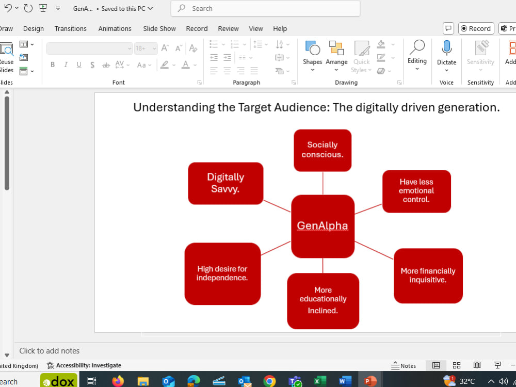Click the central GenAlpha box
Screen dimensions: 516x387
[322, 226]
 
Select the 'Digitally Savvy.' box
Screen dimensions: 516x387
[225, 183]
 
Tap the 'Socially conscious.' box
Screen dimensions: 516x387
[322, 150]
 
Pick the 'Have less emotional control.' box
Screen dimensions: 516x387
[416, 191]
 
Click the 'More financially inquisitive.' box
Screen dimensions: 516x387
[428, 276]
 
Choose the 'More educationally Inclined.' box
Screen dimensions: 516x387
[323, 301]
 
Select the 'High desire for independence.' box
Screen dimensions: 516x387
[222, 274]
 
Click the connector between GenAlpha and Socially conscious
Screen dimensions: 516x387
[323, 183]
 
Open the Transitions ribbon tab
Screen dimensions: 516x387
[70, 28]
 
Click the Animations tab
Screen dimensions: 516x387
[115, 28]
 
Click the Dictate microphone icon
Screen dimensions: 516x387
[446, 48]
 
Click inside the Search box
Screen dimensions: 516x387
[265, 9]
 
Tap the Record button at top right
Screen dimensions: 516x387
[476, 28]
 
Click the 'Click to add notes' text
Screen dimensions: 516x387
[50, 351]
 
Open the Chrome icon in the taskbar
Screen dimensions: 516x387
[269, 381]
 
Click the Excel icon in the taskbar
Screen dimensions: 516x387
[320, 381]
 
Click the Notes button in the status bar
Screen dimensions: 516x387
[404, 366]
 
